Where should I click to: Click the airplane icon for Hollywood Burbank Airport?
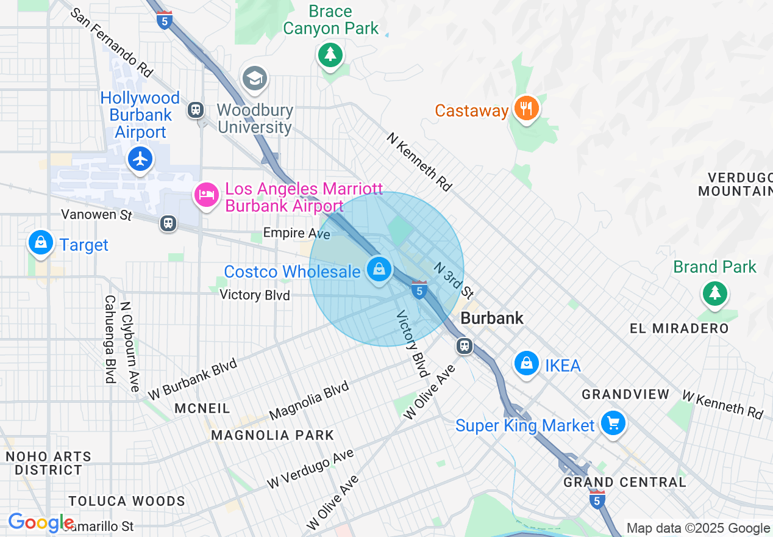coord(141,159)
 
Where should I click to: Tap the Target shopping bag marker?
coord(41,243)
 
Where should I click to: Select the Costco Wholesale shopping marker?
coord(379,268)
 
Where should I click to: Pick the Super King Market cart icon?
coord(613,422)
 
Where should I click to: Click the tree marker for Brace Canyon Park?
coord(330,55)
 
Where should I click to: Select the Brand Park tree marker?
coord(714,294)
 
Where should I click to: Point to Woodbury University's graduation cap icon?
coord(255,78)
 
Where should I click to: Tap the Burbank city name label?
coord(492,318)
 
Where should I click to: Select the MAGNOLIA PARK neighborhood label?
coord(273,435)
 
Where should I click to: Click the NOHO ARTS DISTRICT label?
coord(48,463)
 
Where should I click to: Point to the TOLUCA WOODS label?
coord(127,501)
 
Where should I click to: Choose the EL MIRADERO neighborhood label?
coord(679,328)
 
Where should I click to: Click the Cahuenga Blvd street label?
coord(110,339)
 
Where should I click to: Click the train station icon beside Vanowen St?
coord(168,223)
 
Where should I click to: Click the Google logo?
coord(41,522)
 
